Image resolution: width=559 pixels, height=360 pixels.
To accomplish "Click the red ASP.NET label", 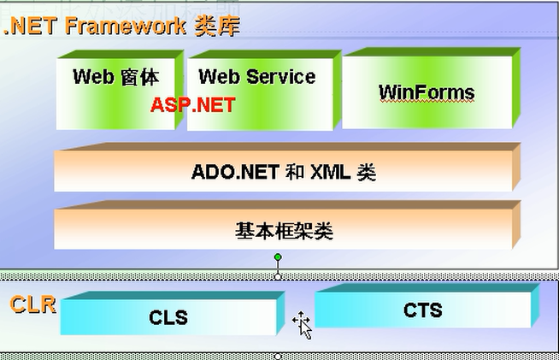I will click(192, 104).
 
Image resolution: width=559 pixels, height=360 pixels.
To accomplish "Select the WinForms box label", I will click(426, 92).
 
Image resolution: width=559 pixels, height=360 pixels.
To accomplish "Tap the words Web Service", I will click(256, 76).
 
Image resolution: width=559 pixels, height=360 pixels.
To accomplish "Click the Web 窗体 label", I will click(115, 76).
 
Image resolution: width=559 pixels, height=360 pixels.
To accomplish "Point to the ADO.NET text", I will click(235, 172).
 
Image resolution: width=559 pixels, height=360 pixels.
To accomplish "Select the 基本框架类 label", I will click(284, 230).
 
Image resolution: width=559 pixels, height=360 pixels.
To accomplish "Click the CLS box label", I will click(168, 318).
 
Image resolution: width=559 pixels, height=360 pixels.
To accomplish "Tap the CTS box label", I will click(422, 310).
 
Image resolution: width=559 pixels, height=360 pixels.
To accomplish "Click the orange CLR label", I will click(32, 304).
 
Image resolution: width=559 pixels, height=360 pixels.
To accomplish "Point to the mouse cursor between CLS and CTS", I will click(302, 323).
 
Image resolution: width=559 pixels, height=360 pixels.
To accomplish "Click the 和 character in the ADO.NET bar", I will click(295, 172).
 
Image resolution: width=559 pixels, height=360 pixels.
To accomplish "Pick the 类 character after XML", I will click(366, 172).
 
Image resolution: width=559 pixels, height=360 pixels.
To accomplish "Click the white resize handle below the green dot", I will click(278, 275).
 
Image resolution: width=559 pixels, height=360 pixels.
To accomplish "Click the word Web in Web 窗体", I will click(92, 76).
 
